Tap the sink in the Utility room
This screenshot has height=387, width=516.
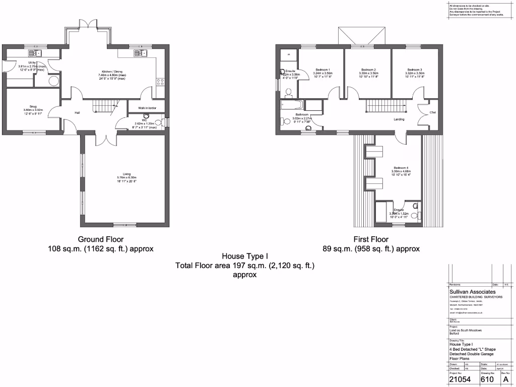click(x=34, y=52)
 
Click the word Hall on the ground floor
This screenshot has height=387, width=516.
click(x=78, y=112)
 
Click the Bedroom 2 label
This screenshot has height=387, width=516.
click(x=369, y=70)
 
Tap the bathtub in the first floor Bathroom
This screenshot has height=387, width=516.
click(x=292, y=105)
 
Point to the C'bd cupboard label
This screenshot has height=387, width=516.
click(x=432, y=112)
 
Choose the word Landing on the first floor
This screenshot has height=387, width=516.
click(x=399, y=119)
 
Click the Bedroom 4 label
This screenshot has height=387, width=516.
click(x=401, y=167)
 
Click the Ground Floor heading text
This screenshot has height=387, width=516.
click(x=100, y=239)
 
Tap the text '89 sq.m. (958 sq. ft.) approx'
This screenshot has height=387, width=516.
click(x=371, y=248)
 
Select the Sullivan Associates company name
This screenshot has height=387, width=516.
click(x=472, y=292)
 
